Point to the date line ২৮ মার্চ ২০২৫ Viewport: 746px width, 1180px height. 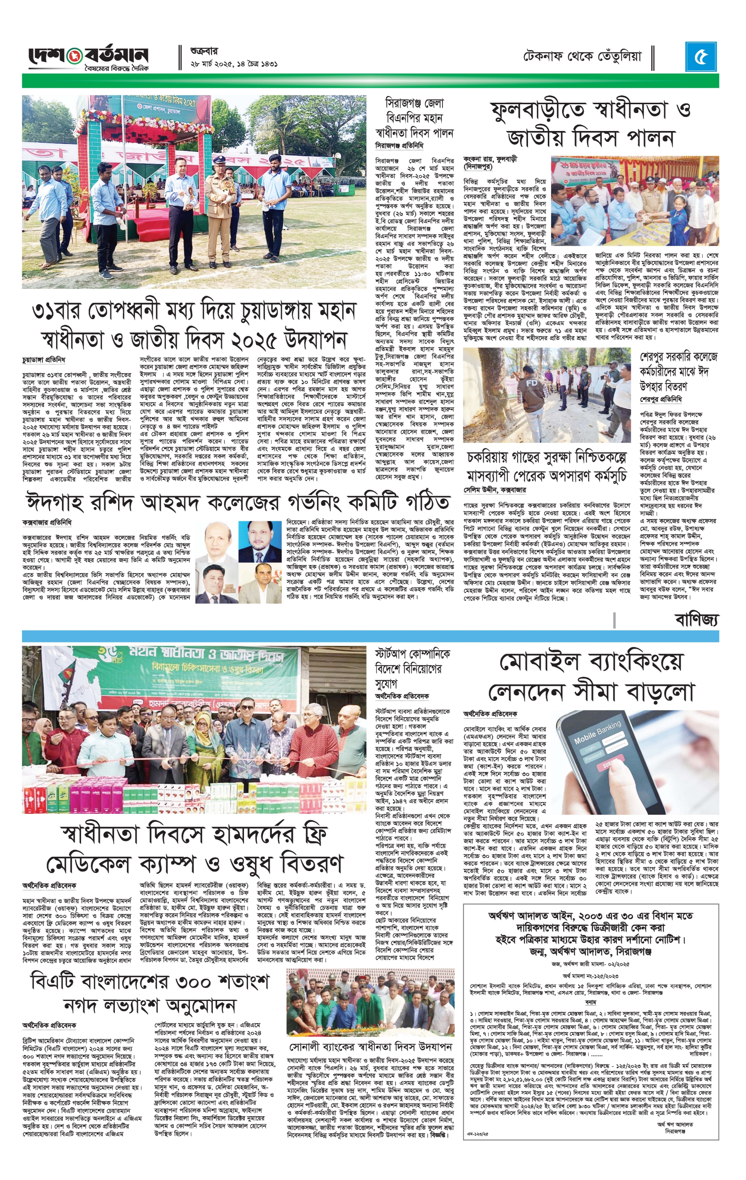234,64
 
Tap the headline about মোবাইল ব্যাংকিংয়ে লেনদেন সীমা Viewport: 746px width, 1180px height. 591,678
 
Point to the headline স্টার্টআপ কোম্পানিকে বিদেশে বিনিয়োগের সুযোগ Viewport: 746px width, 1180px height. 412,669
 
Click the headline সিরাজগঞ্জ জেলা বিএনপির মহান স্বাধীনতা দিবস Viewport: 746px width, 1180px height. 414,118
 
